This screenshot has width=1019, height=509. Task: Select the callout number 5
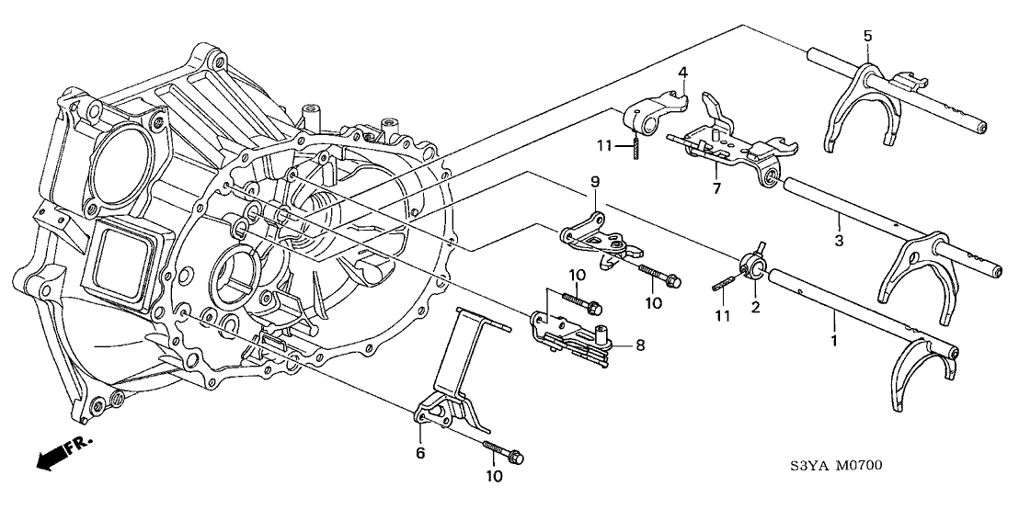coord(865,36)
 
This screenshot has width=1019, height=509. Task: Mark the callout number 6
coord(420,452)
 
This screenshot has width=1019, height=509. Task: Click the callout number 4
coord(682,72)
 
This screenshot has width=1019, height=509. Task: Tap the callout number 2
coord(755,307)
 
